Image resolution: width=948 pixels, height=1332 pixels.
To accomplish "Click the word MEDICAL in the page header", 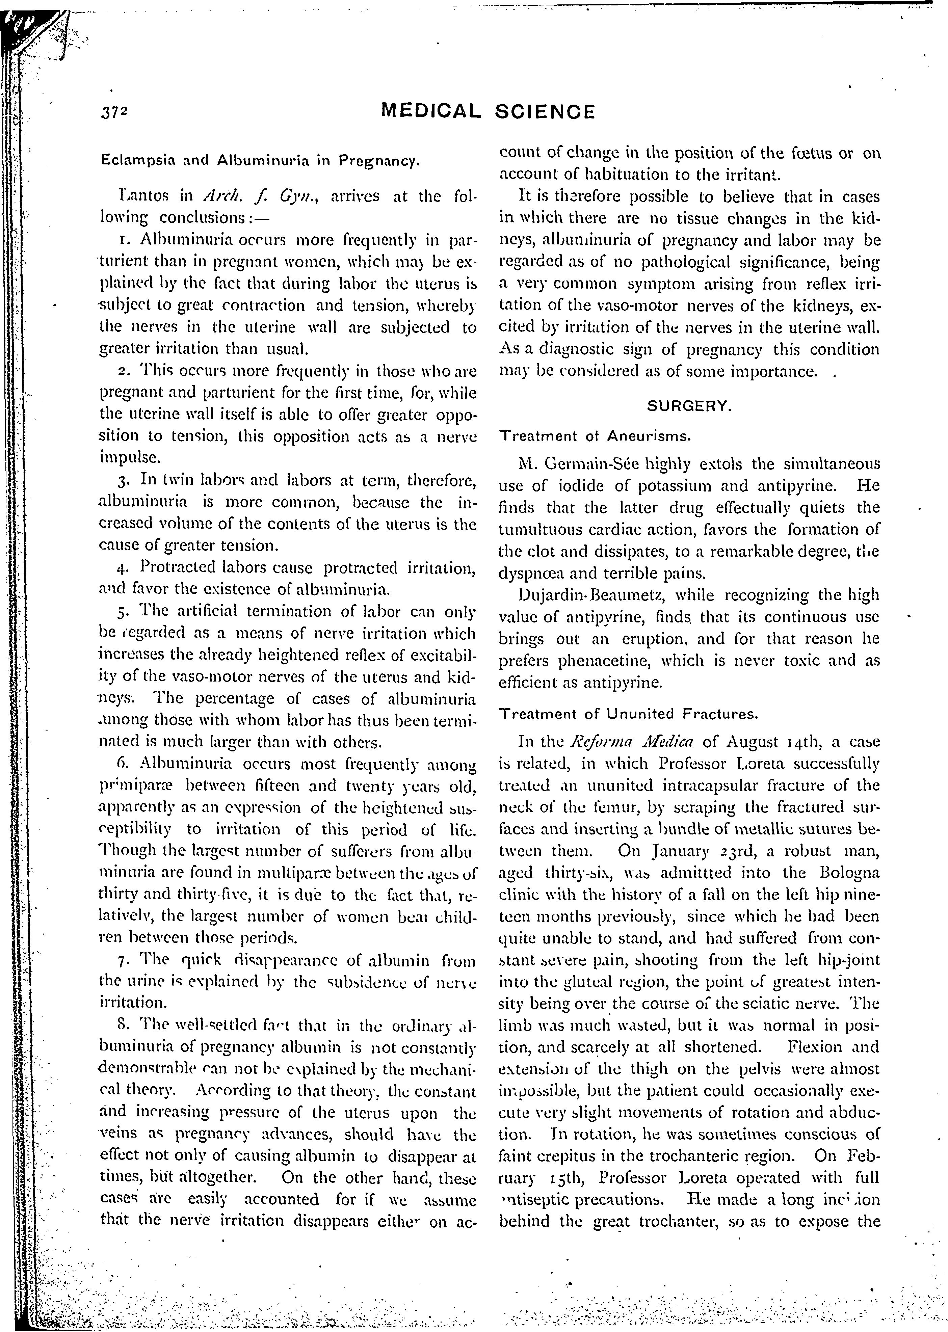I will point(430,111).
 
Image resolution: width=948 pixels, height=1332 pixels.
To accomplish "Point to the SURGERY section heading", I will point(689,407).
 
